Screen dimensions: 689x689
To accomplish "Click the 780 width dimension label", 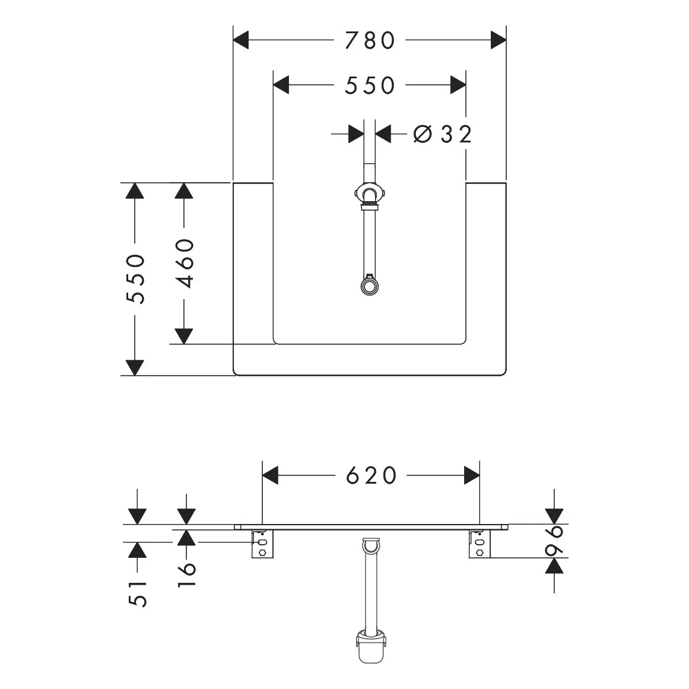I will click(370, 40).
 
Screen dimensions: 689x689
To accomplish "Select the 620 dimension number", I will click(371, 475).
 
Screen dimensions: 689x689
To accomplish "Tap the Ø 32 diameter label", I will click(442, 134).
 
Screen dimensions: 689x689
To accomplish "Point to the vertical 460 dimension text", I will click(185, 263).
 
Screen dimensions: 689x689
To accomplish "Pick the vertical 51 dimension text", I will click(138, 593).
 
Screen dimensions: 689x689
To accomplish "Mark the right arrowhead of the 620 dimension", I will click(472, 475).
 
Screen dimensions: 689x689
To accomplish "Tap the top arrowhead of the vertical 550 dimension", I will click(135, 191).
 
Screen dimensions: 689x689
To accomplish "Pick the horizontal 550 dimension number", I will click(370, 85).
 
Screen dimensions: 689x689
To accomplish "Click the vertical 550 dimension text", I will click(137, 278).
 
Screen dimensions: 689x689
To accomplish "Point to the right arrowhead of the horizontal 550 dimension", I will click(458, 85).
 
